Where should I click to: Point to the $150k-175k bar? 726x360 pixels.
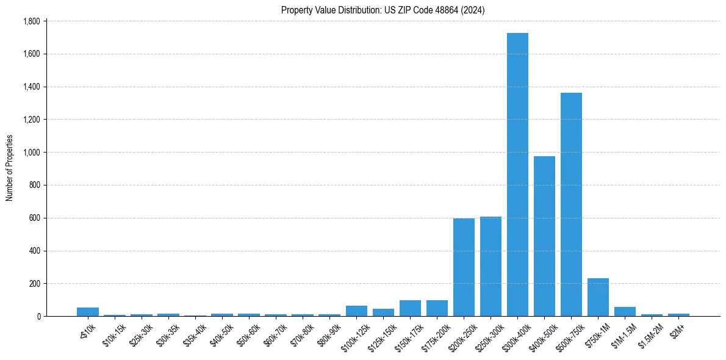[x=410, y=308]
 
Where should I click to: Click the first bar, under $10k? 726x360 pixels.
[x=88, y=312]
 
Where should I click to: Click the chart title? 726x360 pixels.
[x=383, y=10]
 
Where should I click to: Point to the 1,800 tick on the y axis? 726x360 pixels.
[x=31, y=21]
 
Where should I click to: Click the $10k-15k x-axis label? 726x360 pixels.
[x=114, y=336]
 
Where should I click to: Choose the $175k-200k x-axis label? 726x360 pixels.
[x=436, y=337]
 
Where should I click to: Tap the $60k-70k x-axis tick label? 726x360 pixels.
[x=275, y=336]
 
